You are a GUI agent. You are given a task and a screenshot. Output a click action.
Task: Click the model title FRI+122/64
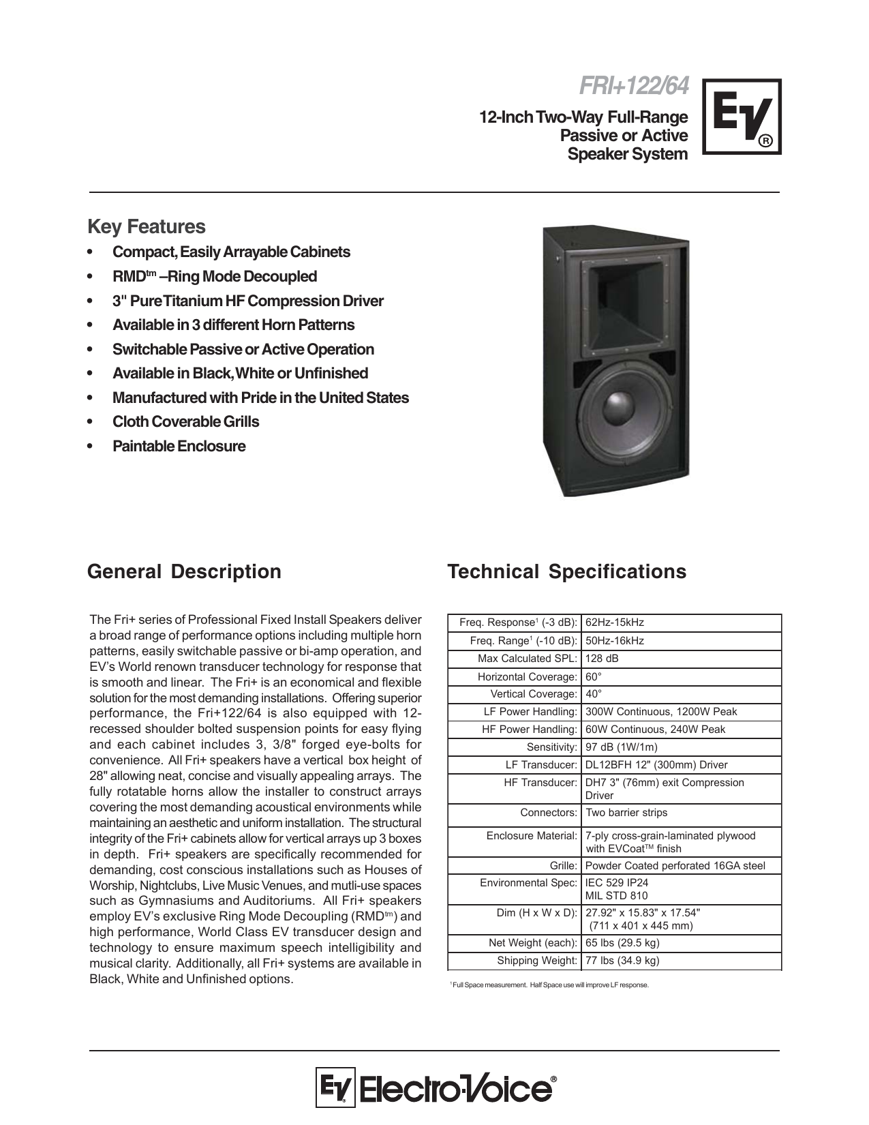pos(633,87)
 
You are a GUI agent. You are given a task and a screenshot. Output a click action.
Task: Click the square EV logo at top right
pos(742,117)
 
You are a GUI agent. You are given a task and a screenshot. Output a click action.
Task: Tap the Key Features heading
pos(146,226)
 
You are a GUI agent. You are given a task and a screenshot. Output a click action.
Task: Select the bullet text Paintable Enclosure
pos(179,446)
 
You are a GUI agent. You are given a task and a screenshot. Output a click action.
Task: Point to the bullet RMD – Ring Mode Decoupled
pos(214,276)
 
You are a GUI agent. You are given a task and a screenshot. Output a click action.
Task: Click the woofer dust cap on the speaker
pos(621,404)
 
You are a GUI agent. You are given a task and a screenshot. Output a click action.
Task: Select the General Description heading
pos(184,571)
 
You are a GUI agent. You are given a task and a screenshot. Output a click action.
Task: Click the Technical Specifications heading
pos(566,571)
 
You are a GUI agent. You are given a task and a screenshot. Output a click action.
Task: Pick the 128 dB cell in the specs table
pos(602,659)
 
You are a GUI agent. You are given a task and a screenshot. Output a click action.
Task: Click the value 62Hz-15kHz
pos(614,622)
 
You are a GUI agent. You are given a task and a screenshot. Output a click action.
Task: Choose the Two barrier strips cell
pos(626,813)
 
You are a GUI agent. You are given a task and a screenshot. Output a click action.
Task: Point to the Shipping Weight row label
pos(537,961)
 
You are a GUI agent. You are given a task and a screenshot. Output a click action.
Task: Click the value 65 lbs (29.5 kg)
pos(622,943)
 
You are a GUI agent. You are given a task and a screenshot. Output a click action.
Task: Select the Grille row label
pos(563,866)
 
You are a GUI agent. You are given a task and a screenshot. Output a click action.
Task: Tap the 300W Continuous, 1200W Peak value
pos(661,712)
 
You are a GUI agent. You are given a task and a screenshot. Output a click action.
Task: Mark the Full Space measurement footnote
pos(550,985)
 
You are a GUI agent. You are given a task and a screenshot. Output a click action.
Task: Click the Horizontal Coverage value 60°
pos(593,677)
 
